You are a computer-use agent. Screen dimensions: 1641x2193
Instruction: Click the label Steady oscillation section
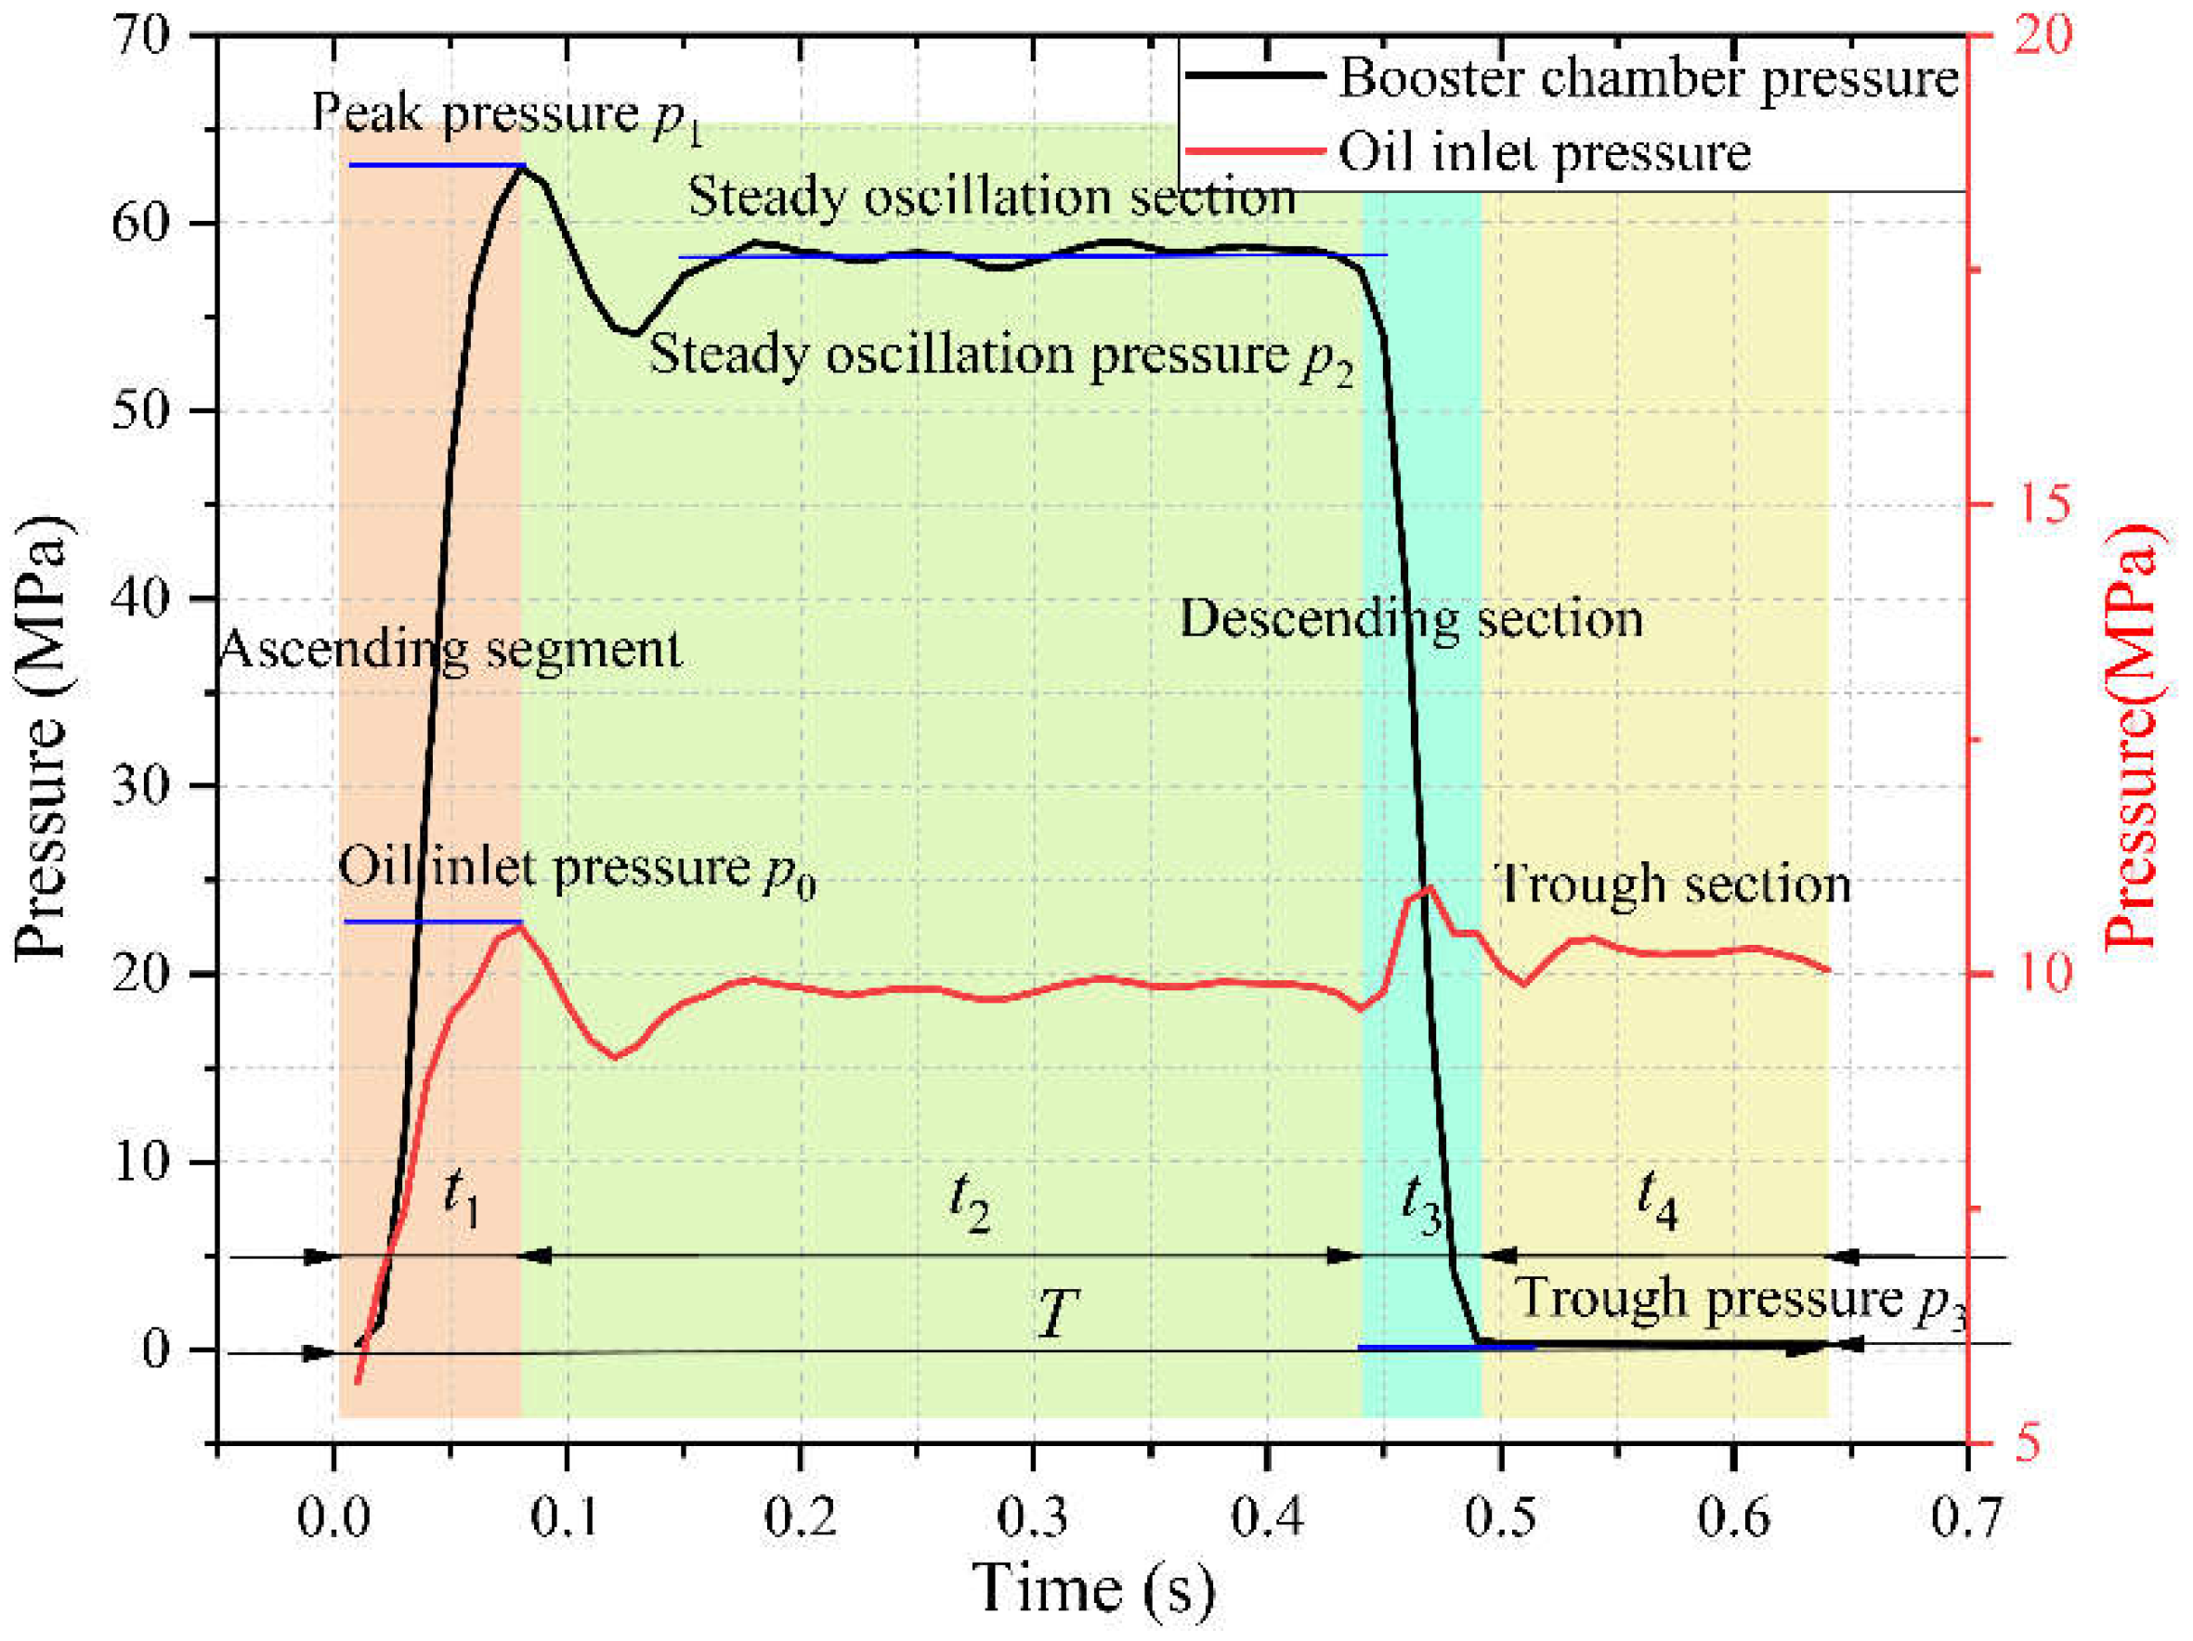(991, 196)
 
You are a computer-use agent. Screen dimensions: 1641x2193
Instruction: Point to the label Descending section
(1410, 619)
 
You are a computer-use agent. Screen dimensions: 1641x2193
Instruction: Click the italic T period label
(1057, 1314)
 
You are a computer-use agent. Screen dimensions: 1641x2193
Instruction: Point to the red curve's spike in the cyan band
(1429, 888)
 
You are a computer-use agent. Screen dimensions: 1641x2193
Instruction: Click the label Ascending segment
(450, 650)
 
